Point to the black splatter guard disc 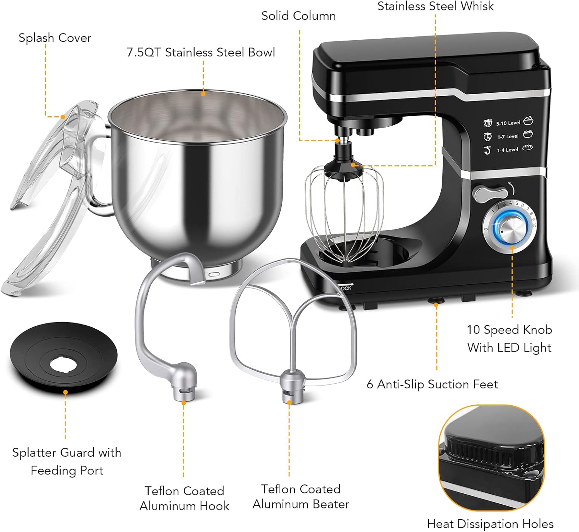(x=64, y=358)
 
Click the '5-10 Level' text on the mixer (x=508, y=123)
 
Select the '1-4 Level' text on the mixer (x=508, y=150)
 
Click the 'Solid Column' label (x=298, y=16)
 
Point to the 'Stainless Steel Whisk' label (x=435, y=6)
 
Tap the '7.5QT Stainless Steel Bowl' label (x=201, y=53)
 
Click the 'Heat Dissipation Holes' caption (x=490, y=524)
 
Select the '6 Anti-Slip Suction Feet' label (x=432, y=384)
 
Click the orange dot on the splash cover (x=63, y=117)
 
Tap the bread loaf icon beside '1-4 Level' (x=527, y=148)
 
